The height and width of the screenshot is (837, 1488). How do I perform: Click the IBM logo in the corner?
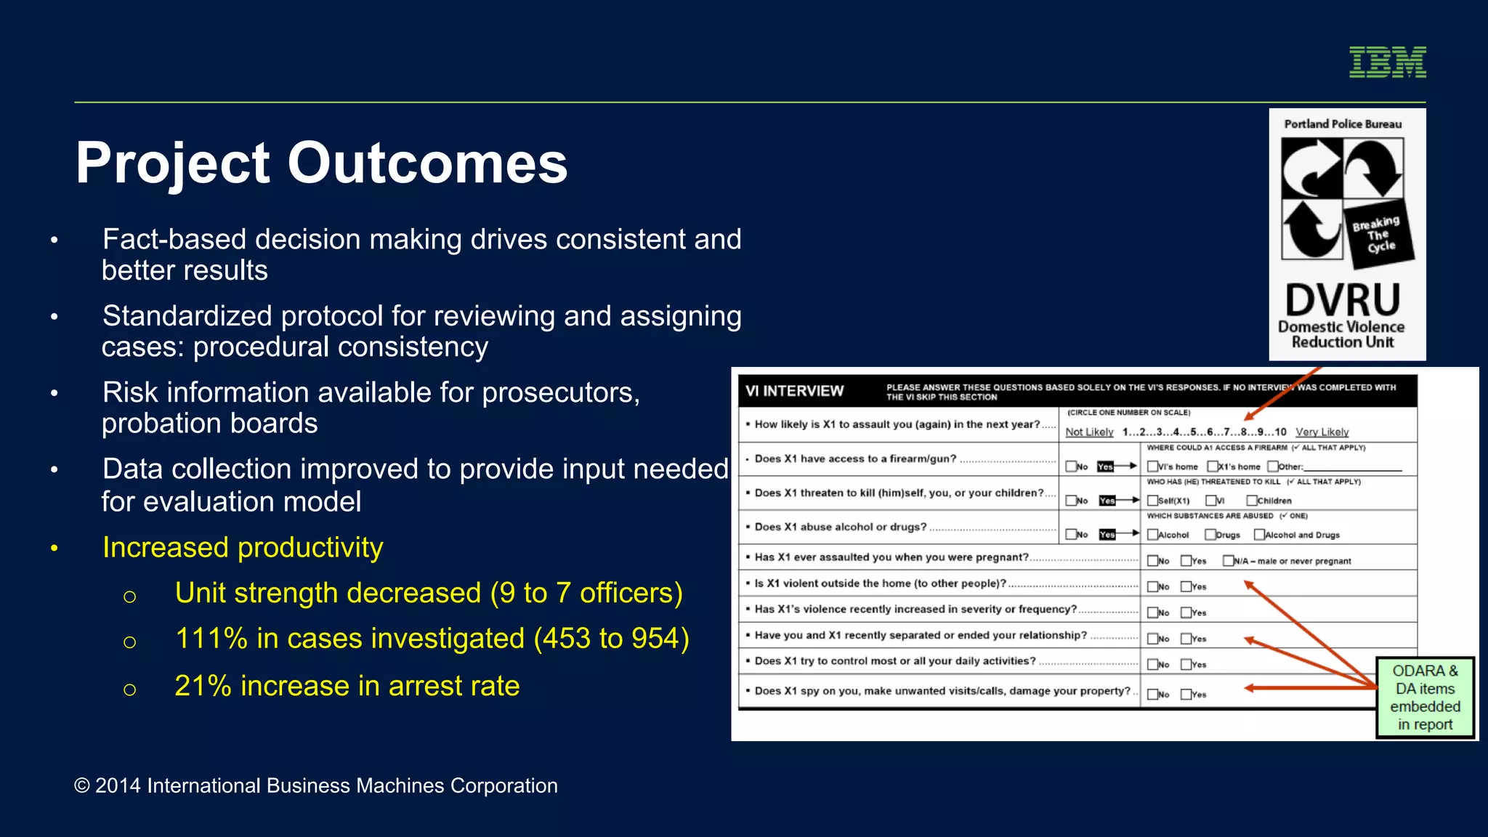click(x=1387, y=62)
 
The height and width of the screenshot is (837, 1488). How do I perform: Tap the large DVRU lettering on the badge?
click(x=1342, y=299)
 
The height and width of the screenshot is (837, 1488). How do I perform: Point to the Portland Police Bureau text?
click(x=1343, y=124)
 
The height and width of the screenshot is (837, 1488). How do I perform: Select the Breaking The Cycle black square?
click(x=1380, y=235)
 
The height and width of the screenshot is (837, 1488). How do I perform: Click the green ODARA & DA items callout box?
click(x=1425, y=697)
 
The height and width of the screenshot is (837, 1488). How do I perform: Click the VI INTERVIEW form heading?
click(x=794, y=392)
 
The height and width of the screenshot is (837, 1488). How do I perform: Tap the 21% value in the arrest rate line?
click(x=203, y=686)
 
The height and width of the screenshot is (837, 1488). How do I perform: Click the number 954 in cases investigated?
click(x=656, y=639)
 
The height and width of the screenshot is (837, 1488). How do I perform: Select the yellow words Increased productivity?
click(x=243, y=547)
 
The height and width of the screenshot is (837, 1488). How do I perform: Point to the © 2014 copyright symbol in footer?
click(x=82, y=786)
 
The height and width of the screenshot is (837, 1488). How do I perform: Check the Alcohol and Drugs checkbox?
click(x=1259, y=535)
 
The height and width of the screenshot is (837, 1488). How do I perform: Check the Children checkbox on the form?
click(x=1251, y=501)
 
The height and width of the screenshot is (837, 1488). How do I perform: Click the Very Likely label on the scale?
click(x=1322, y=432)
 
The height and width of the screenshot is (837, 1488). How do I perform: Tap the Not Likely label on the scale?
click(x=1089, y=432)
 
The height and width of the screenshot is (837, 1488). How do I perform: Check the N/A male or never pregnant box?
click(x=1228, y=561)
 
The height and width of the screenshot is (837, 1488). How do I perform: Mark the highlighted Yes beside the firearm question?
click(x=1105, y=466)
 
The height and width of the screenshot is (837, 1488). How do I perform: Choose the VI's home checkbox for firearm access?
click(x=1152, y=466)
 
